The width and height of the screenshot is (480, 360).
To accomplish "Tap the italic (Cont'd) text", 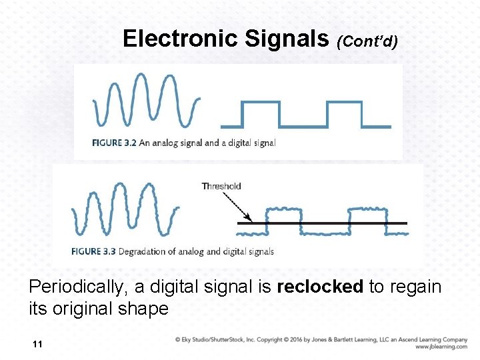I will pos(367,42).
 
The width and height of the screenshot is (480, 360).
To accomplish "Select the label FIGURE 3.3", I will pos(95,251).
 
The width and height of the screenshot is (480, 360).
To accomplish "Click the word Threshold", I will pos(221,186).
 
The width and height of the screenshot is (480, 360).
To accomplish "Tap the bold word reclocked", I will pos(320,287).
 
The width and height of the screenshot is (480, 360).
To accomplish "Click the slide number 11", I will pos(37,344).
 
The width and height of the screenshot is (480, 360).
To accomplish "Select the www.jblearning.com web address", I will pos(441,347).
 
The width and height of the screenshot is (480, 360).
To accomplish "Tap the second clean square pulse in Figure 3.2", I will pos(344,114).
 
